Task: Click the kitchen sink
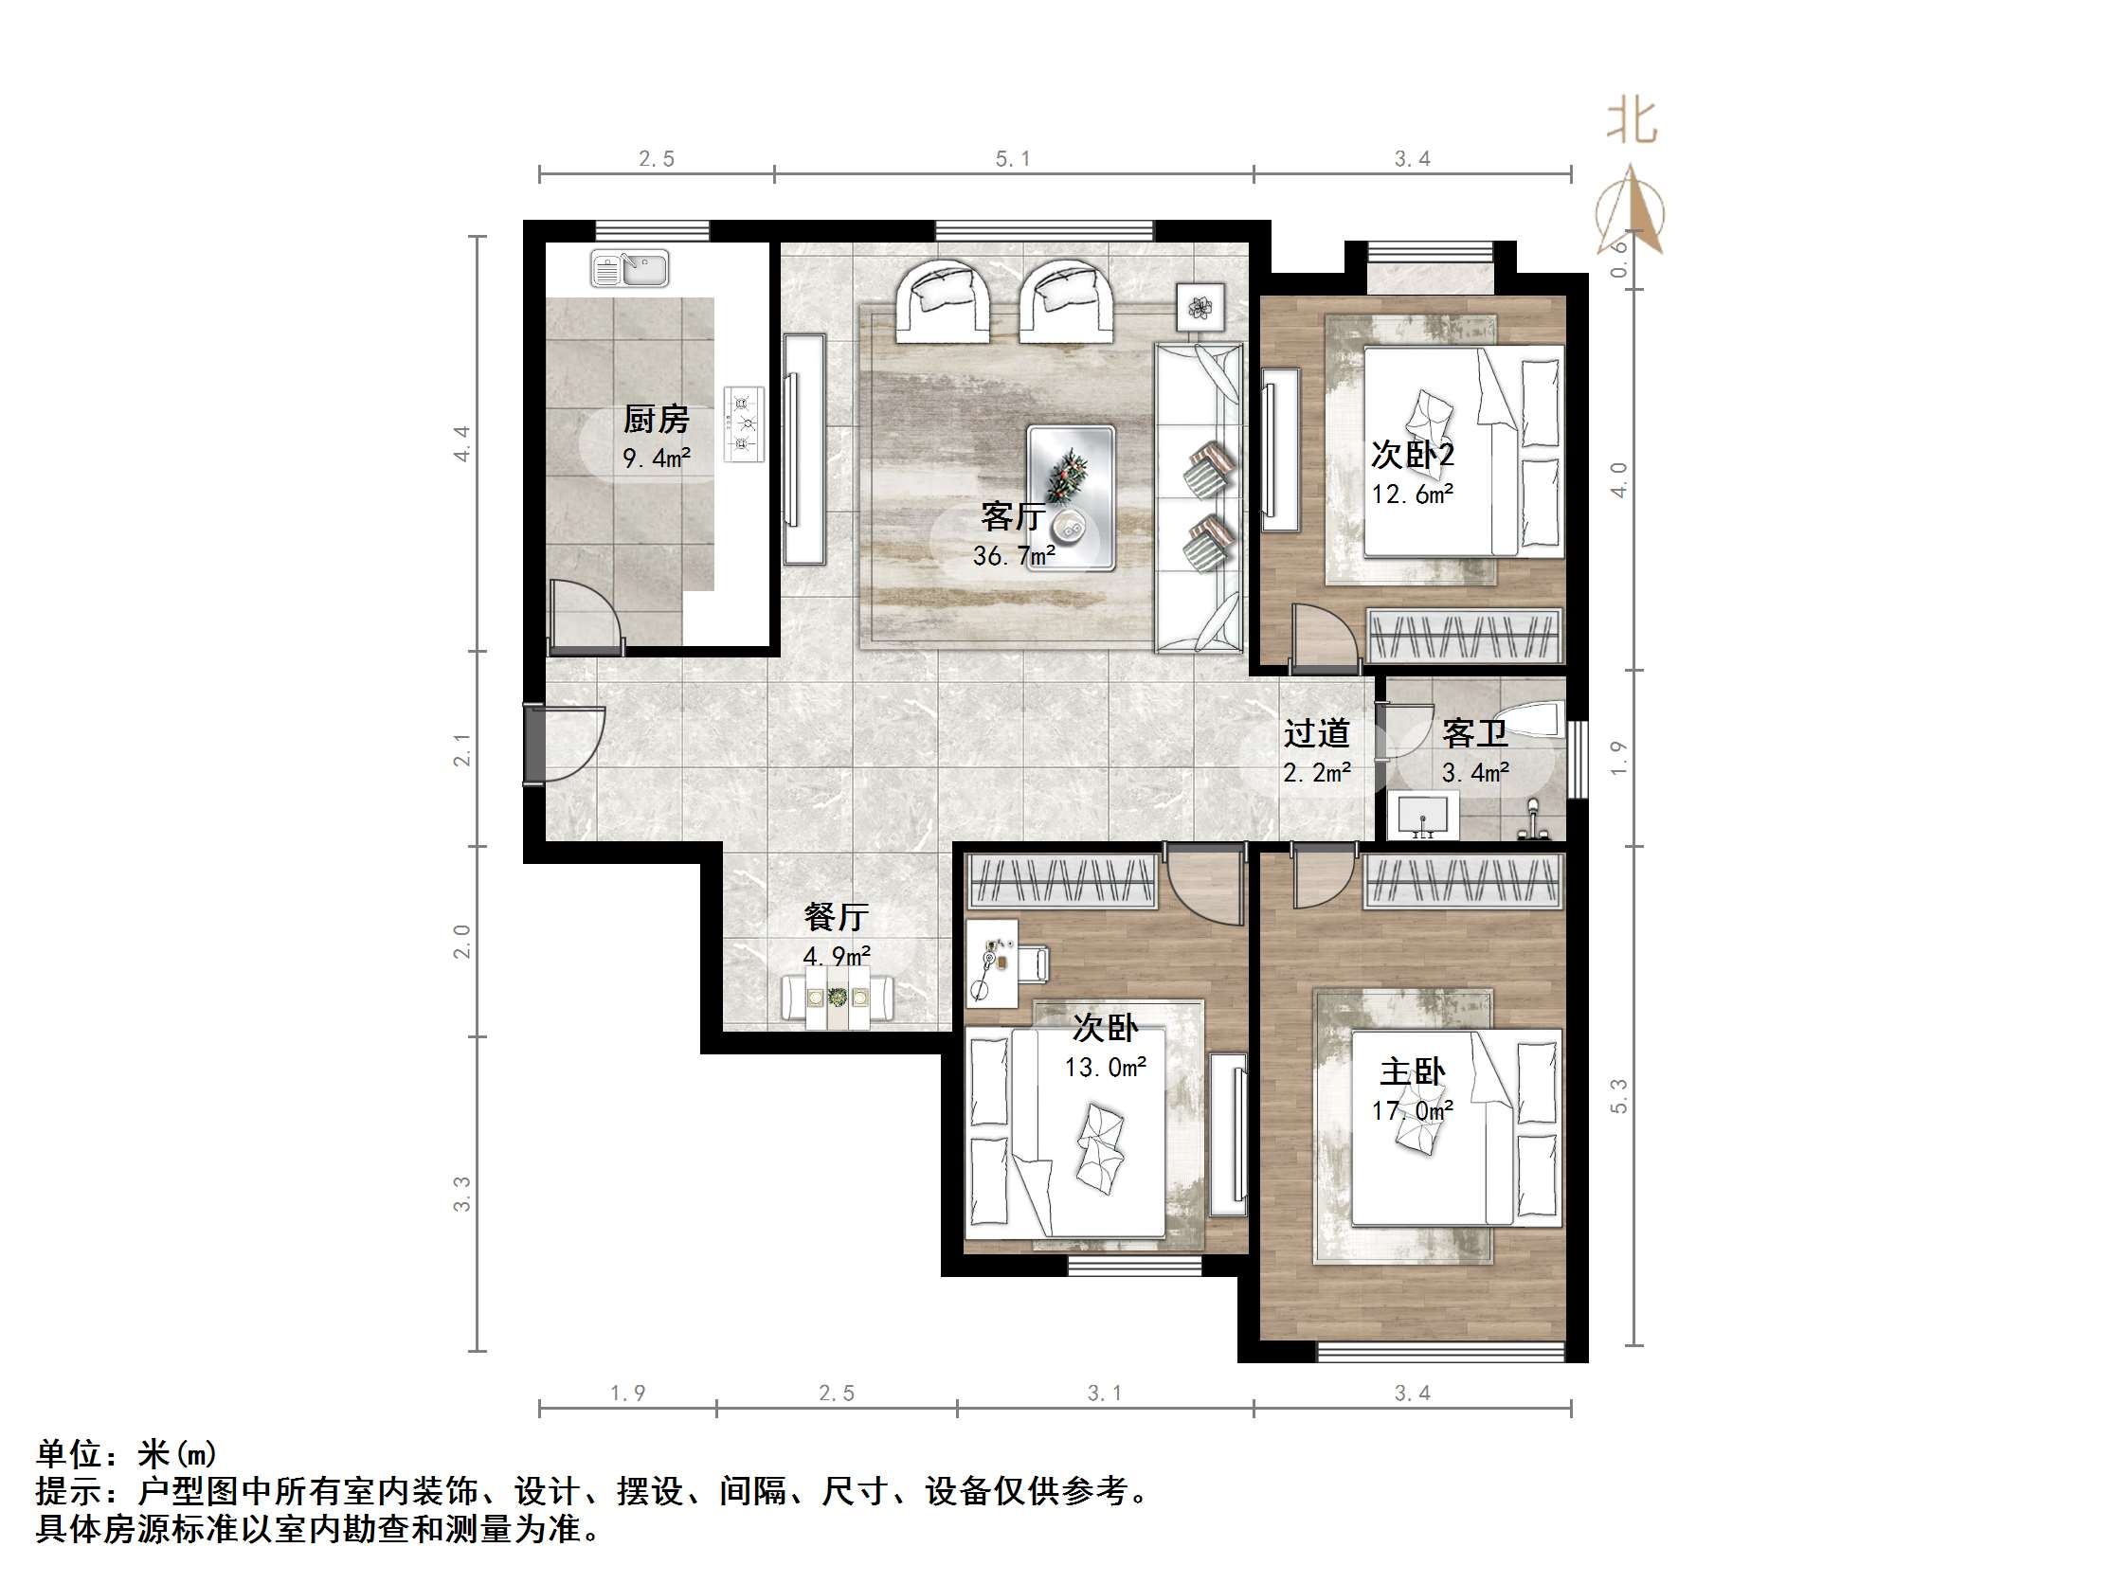[x=629, y=268]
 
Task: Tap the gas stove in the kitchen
[x=745, y=423]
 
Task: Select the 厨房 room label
[x=656, y=419]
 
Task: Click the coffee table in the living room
[x=1071, y=498]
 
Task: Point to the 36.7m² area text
[x=1014, y=555]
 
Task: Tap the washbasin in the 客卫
[x=1422, y=817]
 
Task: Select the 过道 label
[x=1316, y=733]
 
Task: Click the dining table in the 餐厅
[x=838, y=999]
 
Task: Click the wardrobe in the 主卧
[x=1463, y=881]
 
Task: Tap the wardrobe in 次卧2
[x=1464, y=636]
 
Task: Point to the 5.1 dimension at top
[x=1013, y=158]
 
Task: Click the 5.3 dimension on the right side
[x=1618, y=1095]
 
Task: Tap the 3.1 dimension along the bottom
[x=1104, y=1394]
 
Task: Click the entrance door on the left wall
[x=535, y=744]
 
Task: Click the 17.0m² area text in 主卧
[x=1413, y=1109]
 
